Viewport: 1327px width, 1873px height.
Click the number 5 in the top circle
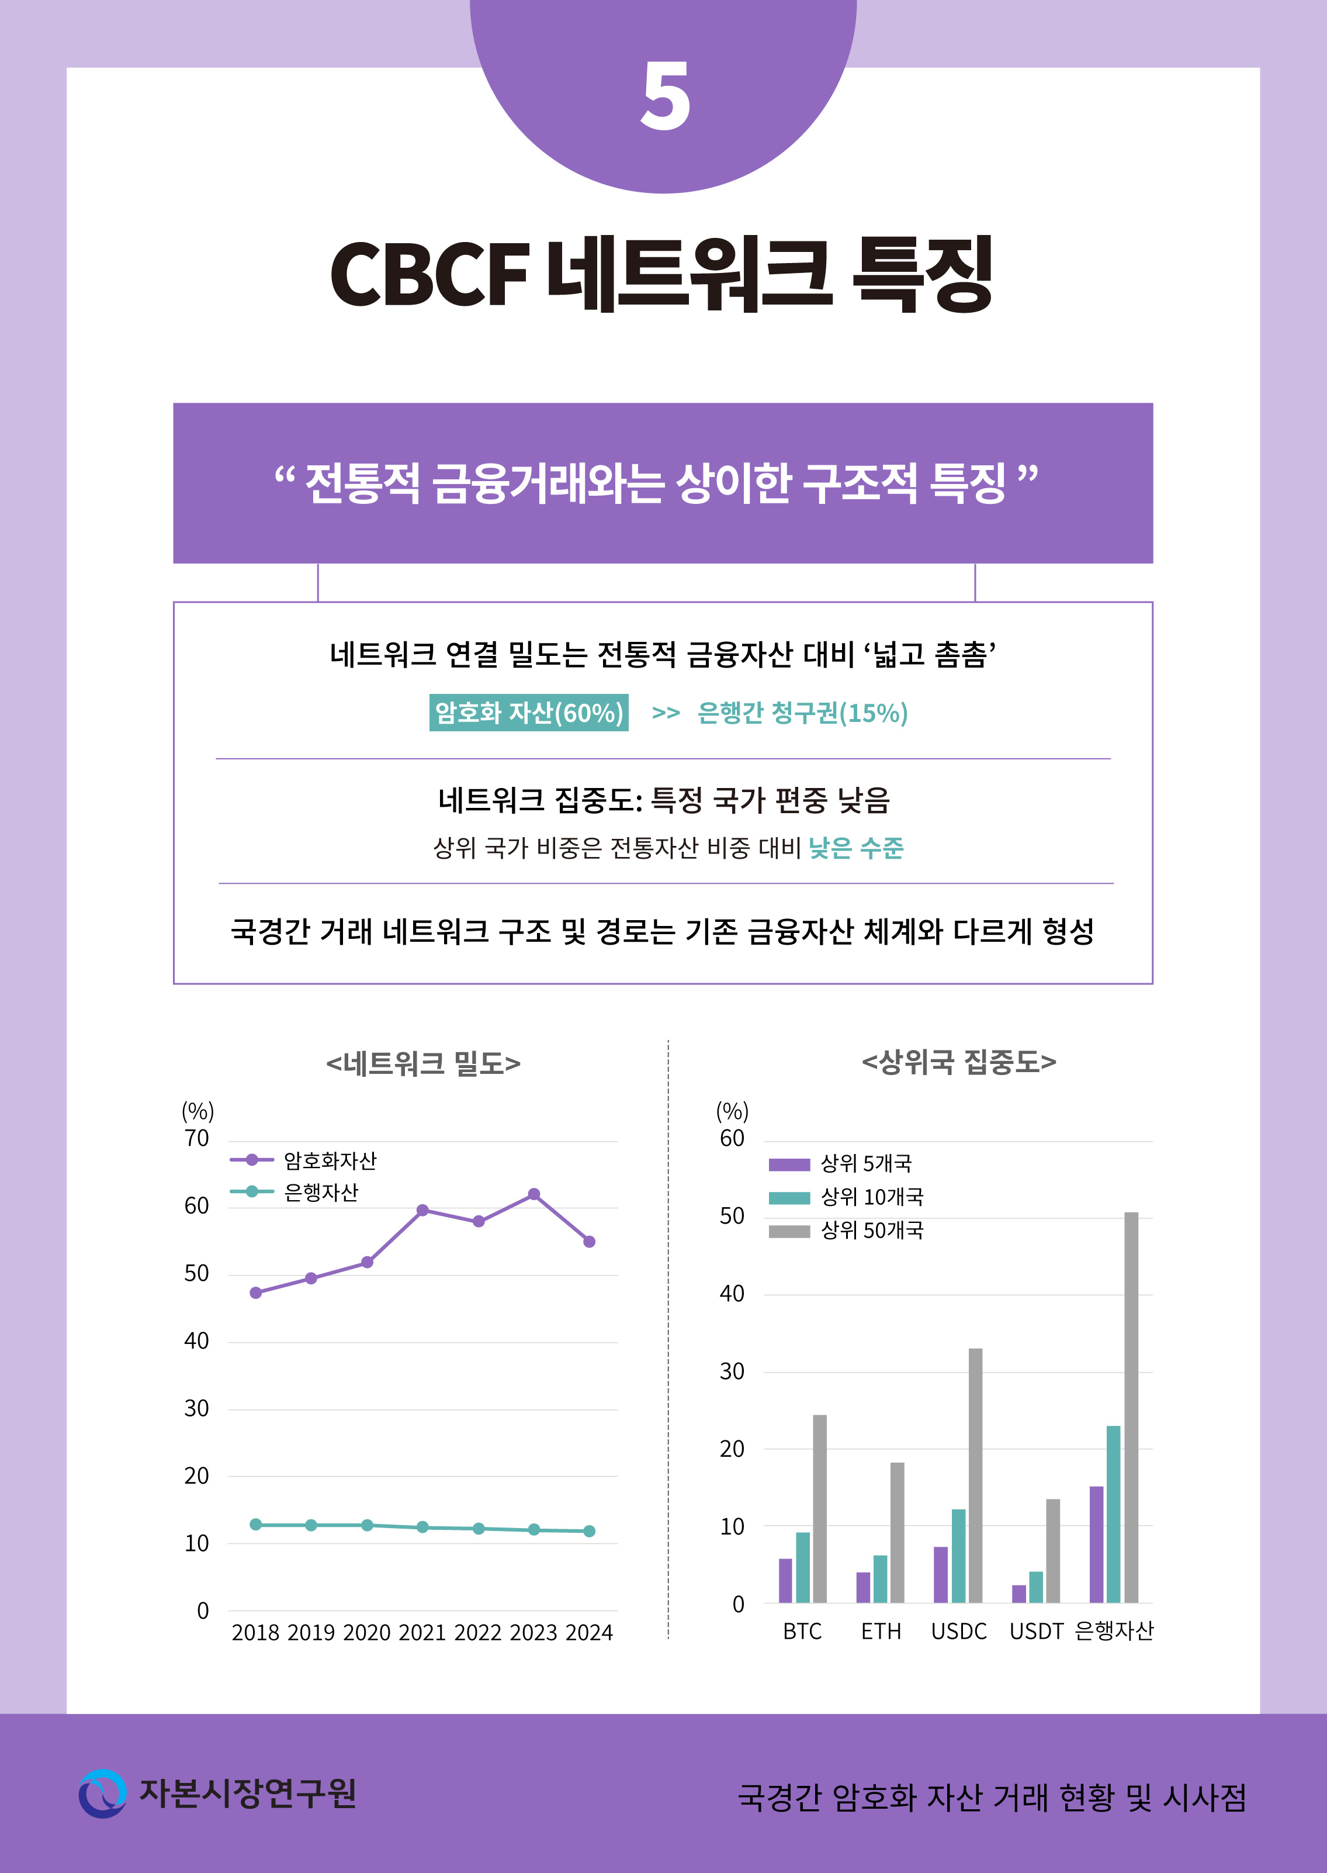click(x=664, y=97)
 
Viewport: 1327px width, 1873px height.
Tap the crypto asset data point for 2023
click(x=533, y=1194)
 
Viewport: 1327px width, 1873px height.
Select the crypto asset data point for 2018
click(x=256, y=1293)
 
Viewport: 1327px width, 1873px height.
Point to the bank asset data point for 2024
click(x=589, y=1531)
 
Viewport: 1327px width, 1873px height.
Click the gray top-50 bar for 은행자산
click(x=1131, y=1406)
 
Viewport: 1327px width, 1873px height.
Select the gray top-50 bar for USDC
click(x=976, y=1475)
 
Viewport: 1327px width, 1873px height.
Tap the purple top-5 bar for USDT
click(x=1019, y=1594)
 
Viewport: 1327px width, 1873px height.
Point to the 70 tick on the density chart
click(x=197, y=1139)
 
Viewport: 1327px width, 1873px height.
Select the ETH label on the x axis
click(x=881, y=1632)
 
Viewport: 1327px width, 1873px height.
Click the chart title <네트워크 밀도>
click(x=423, y=1063)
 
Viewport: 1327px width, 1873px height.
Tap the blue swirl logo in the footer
click(x=103, y=1793)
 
